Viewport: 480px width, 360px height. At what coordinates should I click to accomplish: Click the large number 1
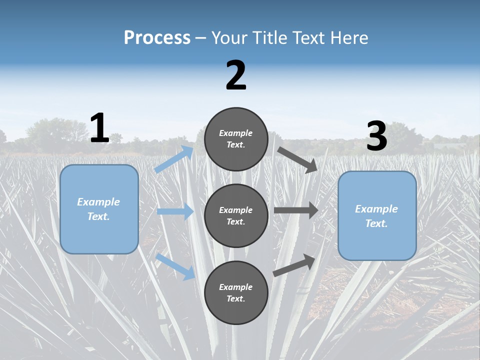tap(99, 128)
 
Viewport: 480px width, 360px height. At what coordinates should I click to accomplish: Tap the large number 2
tap(236, 75)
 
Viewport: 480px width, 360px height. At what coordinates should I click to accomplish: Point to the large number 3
tap(377, 136)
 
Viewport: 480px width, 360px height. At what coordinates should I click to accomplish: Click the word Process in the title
tap(157, 37)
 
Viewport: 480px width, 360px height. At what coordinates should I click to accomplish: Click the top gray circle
tap(236, 139)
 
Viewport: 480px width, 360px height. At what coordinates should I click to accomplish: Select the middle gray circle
tap(236, 215)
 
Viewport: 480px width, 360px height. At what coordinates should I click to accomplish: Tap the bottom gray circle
tap(236, 292)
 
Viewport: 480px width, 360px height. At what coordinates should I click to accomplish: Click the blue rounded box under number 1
tap(99, 209)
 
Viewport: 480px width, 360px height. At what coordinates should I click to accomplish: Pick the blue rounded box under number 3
tap(377, 215)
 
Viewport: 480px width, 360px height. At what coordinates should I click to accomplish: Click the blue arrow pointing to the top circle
tap(174, 159)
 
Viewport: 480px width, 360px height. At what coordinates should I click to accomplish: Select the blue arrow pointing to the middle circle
tap(175, 211)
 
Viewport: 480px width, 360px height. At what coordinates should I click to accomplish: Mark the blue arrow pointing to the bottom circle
tap(175, 266)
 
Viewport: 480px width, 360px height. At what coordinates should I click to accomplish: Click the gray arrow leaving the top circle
tap(297, 160)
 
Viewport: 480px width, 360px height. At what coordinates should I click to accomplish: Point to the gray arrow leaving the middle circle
tap(296, 210)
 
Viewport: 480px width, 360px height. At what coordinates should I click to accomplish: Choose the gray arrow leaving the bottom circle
tap(294, 265)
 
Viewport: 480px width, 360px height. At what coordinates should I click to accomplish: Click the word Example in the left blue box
tap(98, 202)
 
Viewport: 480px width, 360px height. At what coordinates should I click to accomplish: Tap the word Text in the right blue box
tap(376, 223)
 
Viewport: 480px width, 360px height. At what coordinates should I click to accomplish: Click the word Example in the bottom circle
tap(235, 287)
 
